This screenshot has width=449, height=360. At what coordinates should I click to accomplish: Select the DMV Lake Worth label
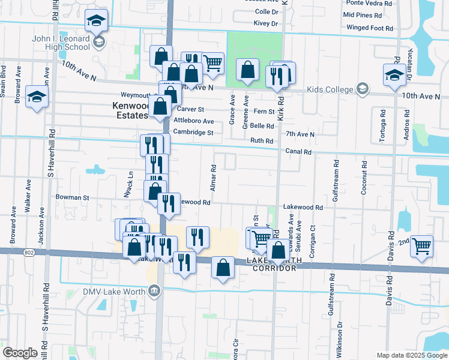click(118, 292)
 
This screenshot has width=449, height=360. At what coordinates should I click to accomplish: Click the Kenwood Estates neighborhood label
click(130, 110)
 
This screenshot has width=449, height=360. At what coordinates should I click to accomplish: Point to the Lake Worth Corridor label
click(271, 265)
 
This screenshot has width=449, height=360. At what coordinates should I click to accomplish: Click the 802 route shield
click(29, 253)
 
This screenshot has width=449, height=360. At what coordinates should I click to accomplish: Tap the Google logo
click(20, 353)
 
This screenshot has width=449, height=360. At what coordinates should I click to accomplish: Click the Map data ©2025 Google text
click(411, 355)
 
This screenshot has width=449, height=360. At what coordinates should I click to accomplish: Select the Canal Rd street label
click(298, 152)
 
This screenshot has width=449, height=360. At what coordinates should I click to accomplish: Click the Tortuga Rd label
click(382, 126)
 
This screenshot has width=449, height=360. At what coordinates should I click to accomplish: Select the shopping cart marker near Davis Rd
click(422, 246)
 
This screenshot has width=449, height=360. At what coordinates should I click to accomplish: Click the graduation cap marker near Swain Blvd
click(37, 97)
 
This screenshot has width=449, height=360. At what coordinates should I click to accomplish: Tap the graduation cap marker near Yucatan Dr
click(394, 76)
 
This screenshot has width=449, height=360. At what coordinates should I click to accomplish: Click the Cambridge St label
click(194, 132)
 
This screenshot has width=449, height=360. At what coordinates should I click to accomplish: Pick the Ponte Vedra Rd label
click(367, 3)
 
